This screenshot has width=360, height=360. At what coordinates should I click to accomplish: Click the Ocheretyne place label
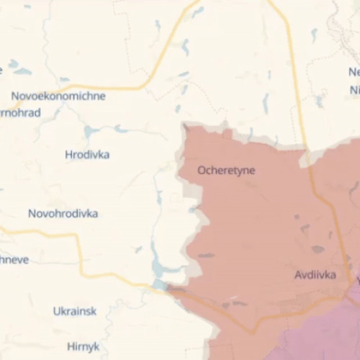coord(226,171)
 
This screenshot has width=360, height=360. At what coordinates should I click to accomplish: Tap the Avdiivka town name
coord(315,274)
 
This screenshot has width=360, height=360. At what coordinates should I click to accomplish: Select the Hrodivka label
coord(87,154)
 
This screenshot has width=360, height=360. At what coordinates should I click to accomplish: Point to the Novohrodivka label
coord(63,213)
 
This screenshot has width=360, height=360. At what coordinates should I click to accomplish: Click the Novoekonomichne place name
coord(58,96)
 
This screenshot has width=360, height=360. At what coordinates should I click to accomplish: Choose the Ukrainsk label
coord(74,311)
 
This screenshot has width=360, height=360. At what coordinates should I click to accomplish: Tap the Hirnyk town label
coord(83,346)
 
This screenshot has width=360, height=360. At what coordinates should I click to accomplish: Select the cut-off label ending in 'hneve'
coord(14,259)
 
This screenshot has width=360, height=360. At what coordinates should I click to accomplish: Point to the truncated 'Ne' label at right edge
coord(354,72)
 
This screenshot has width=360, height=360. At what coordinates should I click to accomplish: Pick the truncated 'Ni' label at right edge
coord(354,90)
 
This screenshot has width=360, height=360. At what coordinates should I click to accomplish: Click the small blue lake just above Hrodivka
coord(91,132)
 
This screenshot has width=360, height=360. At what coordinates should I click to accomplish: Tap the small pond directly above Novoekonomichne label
coord(64,79)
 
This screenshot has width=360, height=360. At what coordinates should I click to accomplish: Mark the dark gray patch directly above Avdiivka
coord(318,249)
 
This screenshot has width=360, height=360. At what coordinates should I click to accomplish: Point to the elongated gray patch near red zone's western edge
coord(206,255)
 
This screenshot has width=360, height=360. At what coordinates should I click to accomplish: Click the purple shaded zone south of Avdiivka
coord(317,338)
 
